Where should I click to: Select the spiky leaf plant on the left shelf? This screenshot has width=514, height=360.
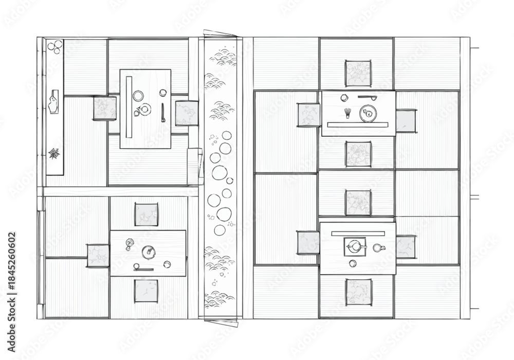coord(54,153)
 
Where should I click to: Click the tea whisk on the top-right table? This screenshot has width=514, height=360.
coord(347,113)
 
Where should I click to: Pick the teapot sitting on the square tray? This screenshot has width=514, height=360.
coord(354,246)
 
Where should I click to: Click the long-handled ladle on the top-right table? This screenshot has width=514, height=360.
coord(367,97)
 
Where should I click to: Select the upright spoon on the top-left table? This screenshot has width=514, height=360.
coord(163,113)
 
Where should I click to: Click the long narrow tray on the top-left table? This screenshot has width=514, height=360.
coord(129,107)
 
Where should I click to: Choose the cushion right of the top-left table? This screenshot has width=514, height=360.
coord(187,113)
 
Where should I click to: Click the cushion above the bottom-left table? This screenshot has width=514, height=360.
coord(146,214)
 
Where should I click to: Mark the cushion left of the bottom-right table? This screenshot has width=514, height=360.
coord(308,243)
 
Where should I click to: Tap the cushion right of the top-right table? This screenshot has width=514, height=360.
coord(406,121)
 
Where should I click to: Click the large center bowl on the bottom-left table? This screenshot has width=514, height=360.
coord(149,252)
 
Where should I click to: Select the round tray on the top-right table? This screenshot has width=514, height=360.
coord(368,114)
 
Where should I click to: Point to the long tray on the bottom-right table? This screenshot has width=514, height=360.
coord(358,234)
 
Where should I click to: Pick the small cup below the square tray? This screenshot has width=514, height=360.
coord(353,263)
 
